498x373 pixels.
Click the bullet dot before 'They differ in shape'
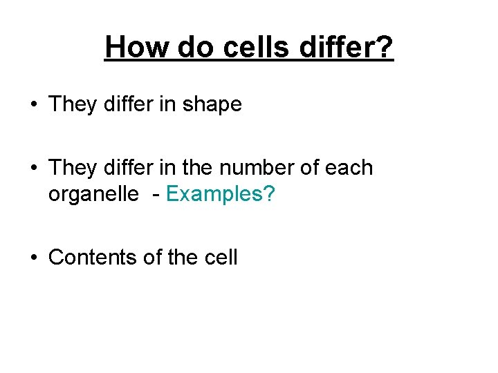[33, 105]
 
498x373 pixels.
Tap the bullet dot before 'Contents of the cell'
[33, 258]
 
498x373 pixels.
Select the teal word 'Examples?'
[221, 195]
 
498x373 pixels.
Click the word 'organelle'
[93, 195]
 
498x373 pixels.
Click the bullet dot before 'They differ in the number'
[33, 168]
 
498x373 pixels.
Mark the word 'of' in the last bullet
[151, 258]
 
